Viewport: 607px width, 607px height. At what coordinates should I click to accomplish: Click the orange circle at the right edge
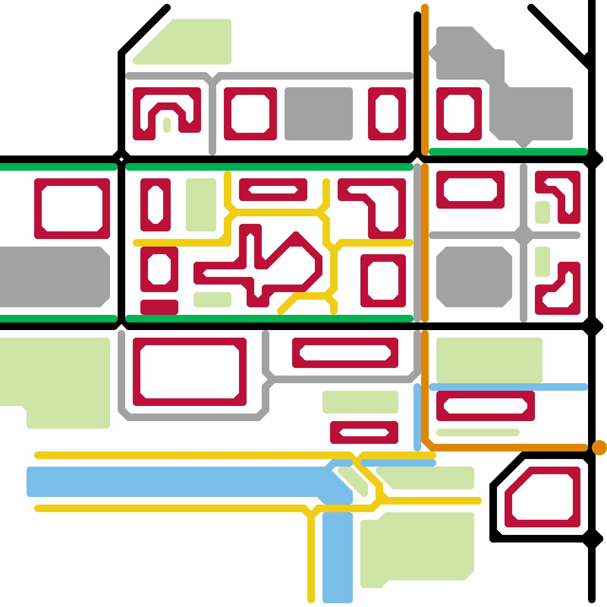pos(599,448)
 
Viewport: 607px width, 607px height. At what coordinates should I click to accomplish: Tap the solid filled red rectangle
pos(159,307)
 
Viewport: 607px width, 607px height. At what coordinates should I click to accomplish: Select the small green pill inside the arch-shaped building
pos(167,125)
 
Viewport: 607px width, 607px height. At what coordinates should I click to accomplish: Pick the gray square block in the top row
pos(319,114)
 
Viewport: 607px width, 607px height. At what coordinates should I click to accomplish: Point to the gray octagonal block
pos(474,277)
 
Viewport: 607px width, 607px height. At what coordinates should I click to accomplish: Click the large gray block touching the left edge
pos(53,277)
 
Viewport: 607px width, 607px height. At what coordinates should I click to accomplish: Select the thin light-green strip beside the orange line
pos(478,432)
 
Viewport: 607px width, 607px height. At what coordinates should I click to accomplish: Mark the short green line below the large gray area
pos(508,152)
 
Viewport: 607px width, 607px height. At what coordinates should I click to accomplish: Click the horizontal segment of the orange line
pos(508,448)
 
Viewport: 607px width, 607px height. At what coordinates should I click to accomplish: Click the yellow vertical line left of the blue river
pos(311,561)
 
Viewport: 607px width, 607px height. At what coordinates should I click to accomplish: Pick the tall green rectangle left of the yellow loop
pos(201,205)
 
